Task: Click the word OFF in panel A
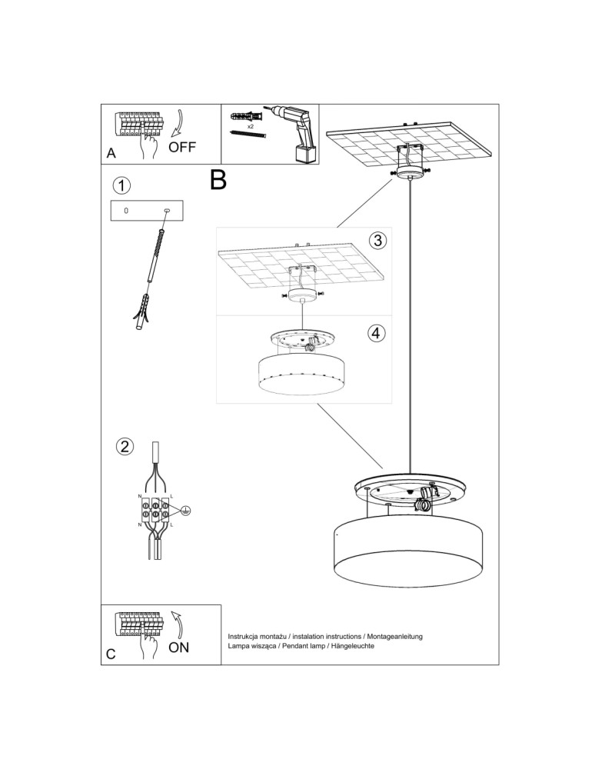(x=182, y=147)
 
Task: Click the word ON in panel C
(x=178, y=647)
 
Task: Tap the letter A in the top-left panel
(x=111, y=154)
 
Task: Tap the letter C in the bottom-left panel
(x=111, y=654)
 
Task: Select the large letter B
(x=218, y=180)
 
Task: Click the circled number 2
(x=124, y=447)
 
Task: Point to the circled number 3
(x=376, y=241)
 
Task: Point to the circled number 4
(x=376, y=333)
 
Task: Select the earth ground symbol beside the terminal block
(x=184, y=510)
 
